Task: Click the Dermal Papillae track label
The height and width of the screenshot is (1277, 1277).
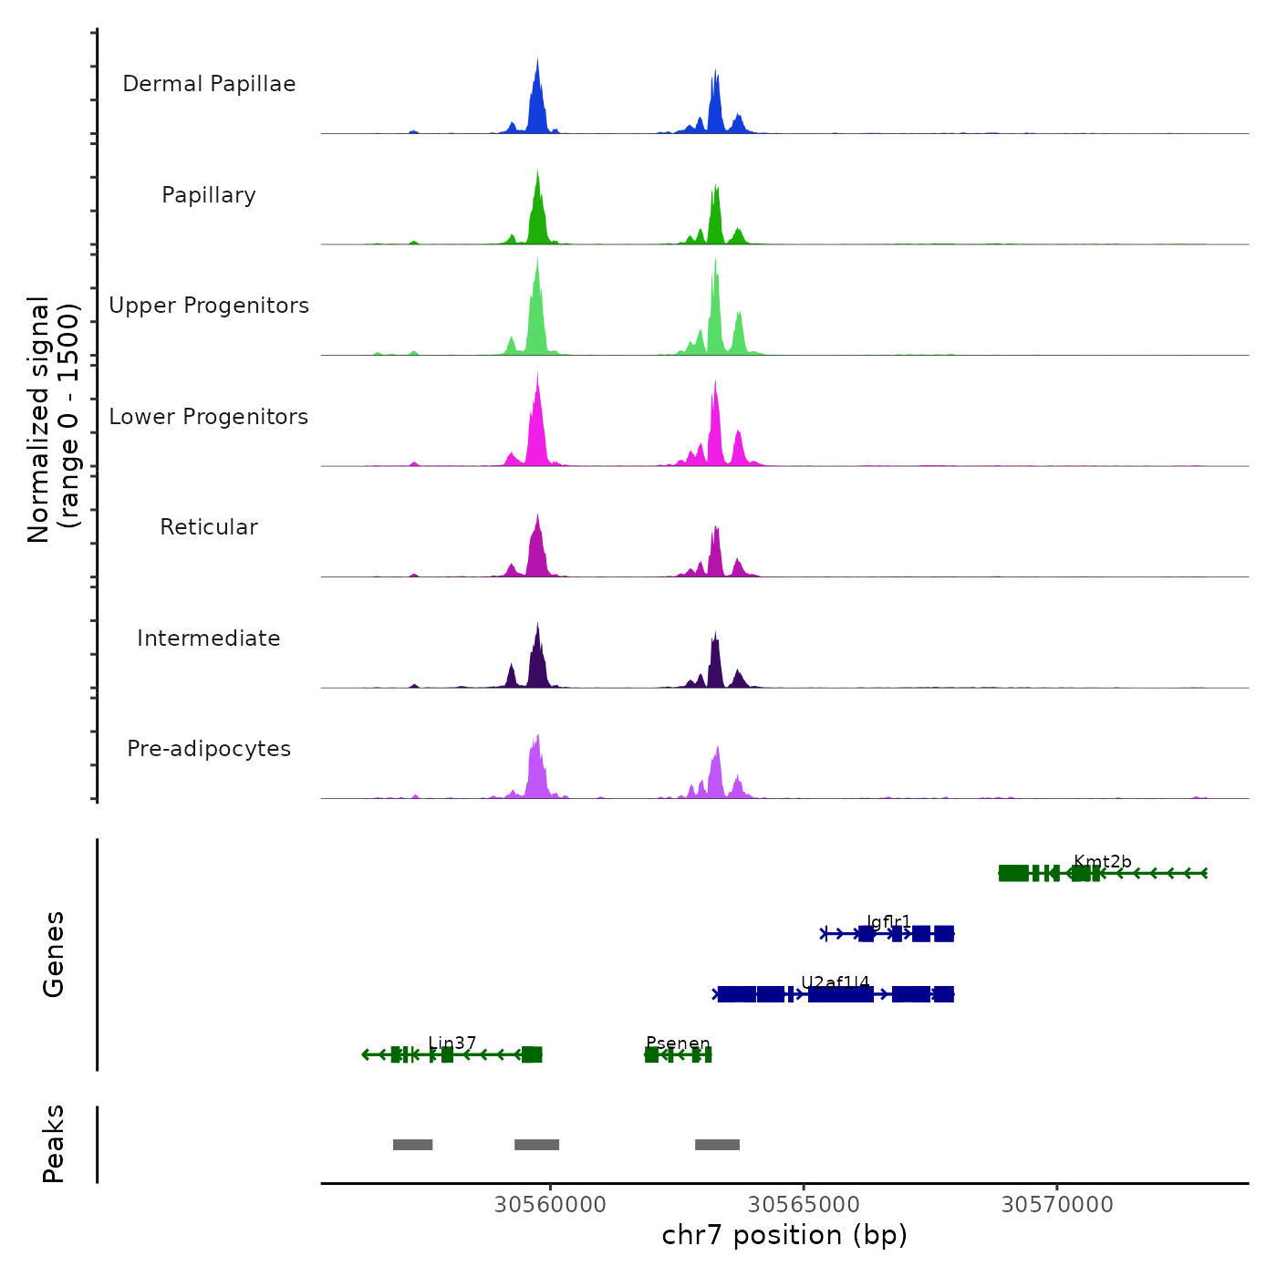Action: point(209,84)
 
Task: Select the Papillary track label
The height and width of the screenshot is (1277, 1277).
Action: point(209,195)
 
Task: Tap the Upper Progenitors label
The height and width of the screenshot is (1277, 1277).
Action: point(209,306)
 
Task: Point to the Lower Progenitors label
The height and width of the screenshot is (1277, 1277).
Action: point(209,417)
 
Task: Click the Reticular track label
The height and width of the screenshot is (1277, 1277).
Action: point(209,527)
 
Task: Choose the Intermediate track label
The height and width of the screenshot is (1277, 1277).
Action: point(209,638)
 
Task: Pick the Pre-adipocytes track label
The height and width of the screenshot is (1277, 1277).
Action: point(209,749)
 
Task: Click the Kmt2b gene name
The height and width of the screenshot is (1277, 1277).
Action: point(1102,862)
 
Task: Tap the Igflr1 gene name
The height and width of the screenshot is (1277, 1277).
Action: point(888,922)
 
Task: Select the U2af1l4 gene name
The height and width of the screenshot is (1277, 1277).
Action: point(835,982)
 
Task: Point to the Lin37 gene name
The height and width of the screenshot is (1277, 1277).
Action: point(452,1043)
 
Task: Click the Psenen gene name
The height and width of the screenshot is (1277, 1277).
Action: point(678,1043)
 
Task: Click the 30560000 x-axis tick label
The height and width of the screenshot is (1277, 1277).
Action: point(550,1205)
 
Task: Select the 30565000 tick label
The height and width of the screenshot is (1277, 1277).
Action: point(804,1205)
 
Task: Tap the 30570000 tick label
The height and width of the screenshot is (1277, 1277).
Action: point(1057,1205)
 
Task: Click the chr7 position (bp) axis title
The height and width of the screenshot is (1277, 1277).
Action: point(784,1235)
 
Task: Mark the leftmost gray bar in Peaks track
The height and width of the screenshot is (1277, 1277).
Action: point(412,1145)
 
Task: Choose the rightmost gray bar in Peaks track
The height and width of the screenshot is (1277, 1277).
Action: point(717,1145)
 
